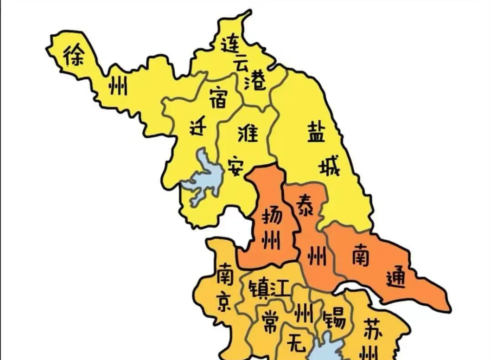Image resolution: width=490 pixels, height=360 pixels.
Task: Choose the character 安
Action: (236, 166)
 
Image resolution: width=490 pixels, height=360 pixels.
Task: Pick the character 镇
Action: (257, 290)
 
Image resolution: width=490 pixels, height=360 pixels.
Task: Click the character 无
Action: (296, 342)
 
